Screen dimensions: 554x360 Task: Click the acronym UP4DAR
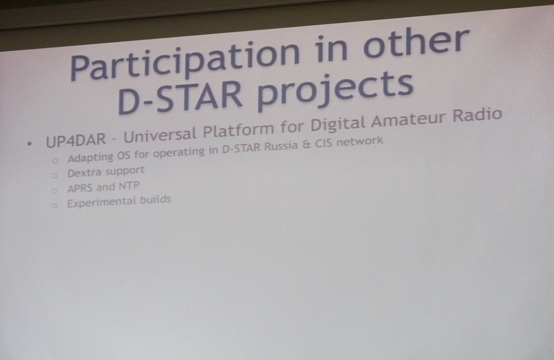76,140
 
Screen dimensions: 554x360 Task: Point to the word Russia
281,146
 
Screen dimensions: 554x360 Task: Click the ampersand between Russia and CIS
306,144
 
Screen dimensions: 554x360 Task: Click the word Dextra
84,173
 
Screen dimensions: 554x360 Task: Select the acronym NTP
129,186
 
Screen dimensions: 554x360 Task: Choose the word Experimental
101,203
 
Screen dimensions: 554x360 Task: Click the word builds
155,200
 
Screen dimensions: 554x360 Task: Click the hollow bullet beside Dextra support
54,175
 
